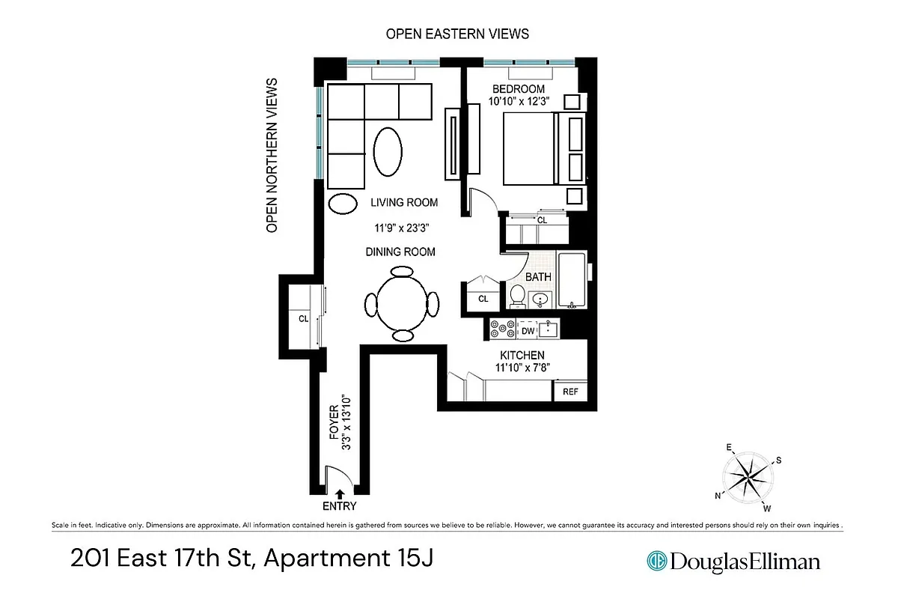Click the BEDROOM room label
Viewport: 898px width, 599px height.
(x=517, y=89)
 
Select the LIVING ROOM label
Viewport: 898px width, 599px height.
(x=404, y=203)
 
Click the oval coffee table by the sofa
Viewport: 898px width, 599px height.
(x=387, y=152)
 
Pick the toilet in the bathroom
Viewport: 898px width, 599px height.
(x=517, y=297)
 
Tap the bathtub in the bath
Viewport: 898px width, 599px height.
(x=572, y=282)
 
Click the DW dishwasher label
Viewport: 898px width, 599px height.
(x=528, y=330)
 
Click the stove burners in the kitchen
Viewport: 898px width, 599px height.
(x=500, y=329)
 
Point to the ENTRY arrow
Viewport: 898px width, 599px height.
(x=340, y=493)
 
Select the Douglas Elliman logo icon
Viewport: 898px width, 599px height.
(x=657, y=561)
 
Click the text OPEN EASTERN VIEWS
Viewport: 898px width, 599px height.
(x=457, y=34)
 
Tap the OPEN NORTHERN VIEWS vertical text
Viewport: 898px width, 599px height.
(x=272, y=155)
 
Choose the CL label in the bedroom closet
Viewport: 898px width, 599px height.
(x=542, y=221)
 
